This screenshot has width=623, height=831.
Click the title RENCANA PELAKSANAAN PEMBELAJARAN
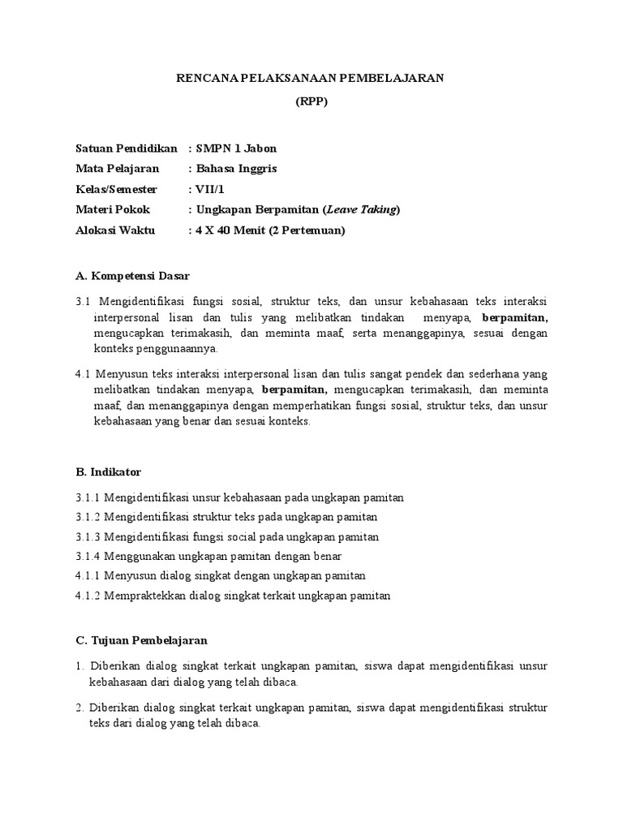(x=311, y=77)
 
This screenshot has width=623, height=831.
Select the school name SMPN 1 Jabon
(x=236, y=149)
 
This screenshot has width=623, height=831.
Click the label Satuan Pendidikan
(x=126, y=149)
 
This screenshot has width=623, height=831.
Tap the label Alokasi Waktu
(x=114, y=230)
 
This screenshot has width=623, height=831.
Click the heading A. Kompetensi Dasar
(x=132, y=276)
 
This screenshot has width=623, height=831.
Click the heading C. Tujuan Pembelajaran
(x=142, y=639)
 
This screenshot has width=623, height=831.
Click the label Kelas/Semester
(x=116, y=189)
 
